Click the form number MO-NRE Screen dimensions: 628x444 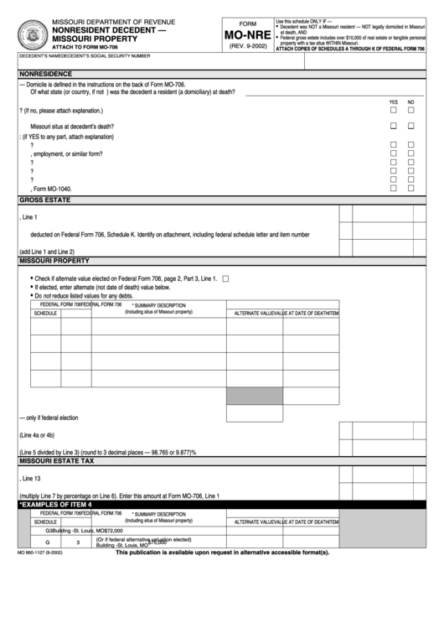coord(246,37)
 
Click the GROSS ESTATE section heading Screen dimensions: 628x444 coord(45,201)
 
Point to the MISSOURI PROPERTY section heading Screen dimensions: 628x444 coord(55,262)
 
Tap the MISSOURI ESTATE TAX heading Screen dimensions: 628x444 coord(57,461)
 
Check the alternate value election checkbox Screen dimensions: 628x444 coord(225,278)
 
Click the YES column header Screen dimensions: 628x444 coord(393,102)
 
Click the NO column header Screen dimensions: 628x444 coord(411,102)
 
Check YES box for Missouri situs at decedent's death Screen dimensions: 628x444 coord(393,126)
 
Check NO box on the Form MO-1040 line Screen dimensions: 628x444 coord(411,189)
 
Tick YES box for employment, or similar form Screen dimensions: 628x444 coord(393,153)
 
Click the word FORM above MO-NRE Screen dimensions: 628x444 coord(246,24)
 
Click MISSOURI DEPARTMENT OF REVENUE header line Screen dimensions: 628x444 coord(114,19)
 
